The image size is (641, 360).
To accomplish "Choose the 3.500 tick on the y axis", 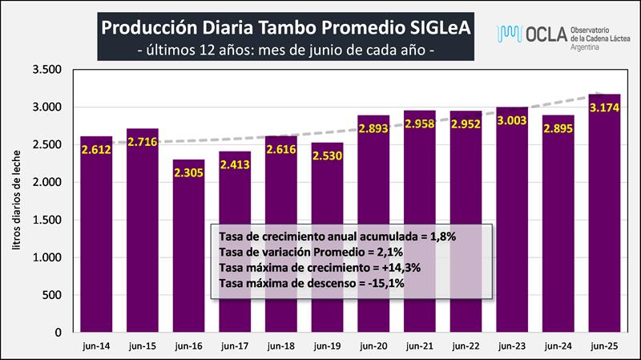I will (47, 70).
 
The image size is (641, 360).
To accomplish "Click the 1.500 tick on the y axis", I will (47, 220).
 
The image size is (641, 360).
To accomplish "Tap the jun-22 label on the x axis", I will (466, 347).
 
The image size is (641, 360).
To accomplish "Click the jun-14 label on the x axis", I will (96, 347).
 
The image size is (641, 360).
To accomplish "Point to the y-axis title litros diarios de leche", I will (18, 204).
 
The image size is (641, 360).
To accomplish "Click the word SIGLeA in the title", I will (436, 26).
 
